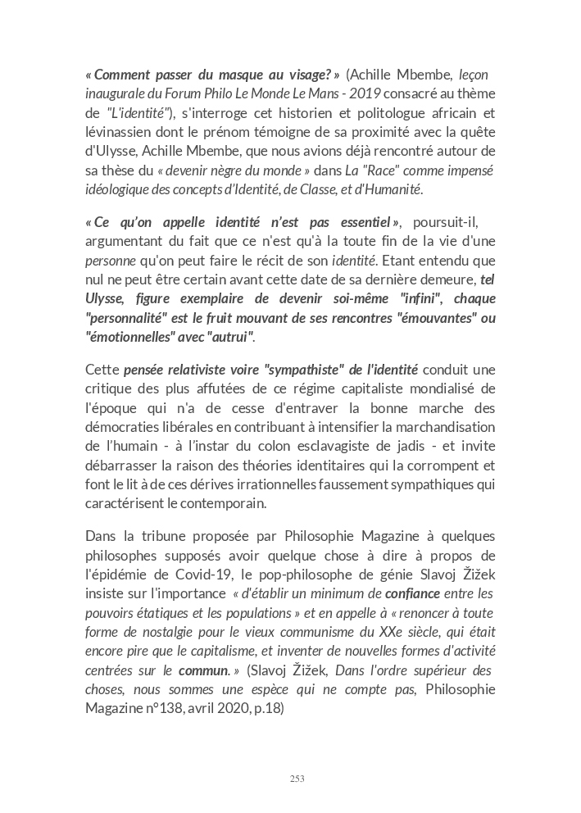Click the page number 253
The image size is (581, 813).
pos(297,779)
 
